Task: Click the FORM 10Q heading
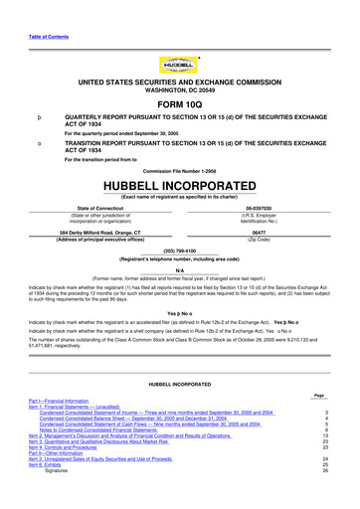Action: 179,103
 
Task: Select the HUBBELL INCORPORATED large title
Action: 179,185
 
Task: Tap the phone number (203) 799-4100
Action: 179,252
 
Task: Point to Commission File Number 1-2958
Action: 179,171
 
